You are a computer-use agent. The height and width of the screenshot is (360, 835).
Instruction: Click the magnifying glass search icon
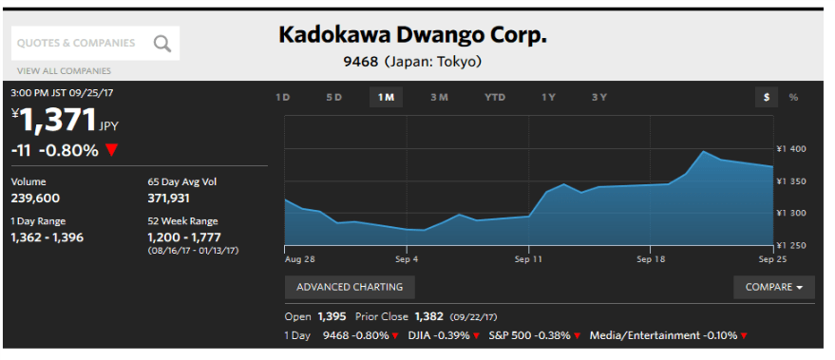[162, 43]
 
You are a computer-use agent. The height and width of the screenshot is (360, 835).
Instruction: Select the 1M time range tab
[386, 98]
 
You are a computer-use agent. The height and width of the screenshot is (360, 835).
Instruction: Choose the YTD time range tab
[495, 98]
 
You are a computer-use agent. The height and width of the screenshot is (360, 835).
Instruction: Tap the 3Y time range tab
[599, 98]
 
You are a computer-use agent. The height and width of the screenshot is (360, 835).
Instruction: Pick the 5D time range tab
[333, 98]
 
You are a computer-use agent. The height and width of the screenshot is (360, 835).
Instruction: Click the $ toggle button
[767, 98]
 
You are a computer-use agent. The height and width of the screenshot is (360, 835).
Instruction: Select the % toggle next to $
[793, 98]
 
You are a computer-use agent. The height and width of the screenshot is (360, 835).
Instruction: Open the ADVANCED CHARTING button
[350, 287]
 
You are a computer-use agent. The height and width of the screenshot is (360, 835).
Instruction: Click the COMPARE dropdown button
[774, 287]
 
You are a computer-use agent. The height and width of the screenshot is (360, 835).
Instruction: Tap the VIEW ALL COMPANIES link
[64, 71]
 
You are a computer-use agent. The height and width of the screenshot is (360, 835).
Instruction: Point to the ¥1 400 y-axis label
[790, 149]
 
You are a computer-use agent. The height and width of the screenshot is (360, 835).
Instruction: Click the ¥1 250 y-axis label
[790, 245]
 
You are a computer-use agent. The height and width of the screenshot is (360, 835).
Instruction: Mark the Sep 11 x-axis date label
[528, 259]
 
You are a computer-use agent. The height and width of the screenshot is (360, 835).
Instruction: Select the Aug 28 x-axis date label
[300, 259]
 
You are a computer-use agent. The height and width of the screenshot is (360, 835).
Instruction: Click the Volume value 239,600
[35, 199]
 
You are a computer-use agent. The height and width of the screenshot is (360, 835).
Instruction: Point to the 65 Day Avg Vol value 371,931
[168, 199]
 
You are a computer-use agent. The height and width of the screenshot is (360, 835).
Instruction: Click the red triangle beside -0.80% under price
[111, 151]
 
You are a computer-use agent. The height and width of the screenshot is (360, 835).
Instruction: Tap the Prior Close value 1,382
[428, 316]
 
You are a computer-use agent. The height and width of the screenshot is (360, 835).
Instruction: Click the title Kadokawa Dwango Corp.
[412, 35]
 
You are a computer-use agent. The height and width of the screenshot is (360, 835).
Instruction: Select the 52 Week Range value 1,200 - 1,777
[183, 237]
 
